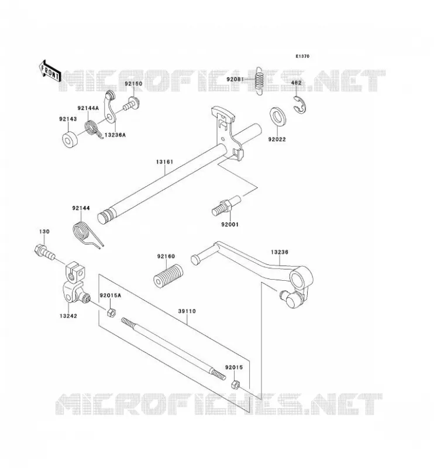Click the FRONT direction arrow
(x=50, y=71)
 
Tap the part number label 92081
(x=235, y=80)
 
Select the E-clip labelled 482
(x=299, y=105)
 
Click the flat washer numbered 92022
(x=278, y=116)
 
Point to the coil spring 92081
(x=259, y=81)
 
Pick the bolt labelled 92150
(x=131, y=104)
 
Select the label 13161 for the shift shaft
(x=164, y=162)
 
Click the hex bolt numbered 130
(x=44, y=252)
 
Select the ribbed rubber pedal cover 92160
(x=168, y=276)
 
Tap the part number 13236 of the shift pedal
(x=280, y=252)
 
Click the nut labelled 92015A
(x=111, y=313)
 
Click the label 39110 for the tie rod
(x=187, y=311)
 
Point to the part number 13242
(x=68, y=316)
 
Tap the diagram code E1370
(x=302, y=56)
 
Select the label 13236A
(x=115, y=135)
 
